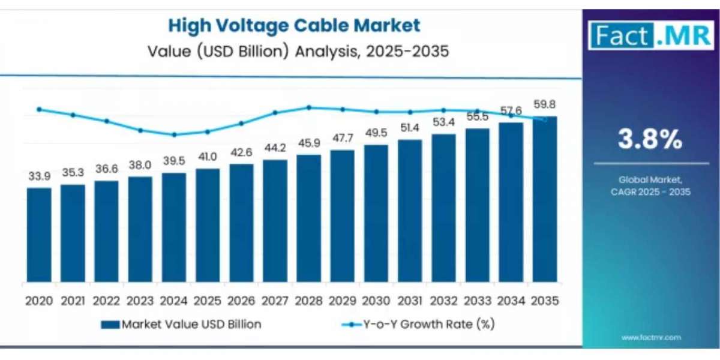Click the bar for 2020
click(39, 235)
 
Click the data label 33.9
click(39, 177)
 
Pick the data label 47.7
click(343, 138)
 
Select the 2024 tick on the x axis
click(173, 300)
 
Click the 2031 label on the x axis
click(410, 300)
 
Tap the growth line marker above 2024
click(174, 134)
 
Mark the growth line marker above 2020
click(39, 109)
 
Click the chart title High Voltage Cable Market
click(294, 25)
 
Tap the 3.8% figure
click(650, 140)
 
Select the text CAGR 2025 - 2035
click(650, 192)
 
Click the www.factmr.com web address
click(650, 338)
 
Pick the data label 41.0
click(208, 157)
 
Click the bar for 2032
click(443, 208)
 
